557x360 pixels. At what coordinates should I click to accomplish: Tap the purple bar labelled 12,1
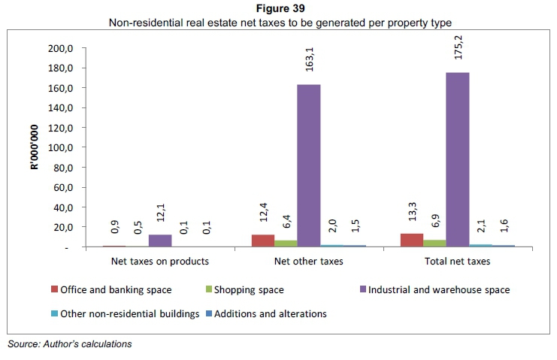tap(159, 241)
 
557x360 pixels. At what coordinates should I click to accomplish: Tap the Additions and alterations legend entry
tap(268, 313)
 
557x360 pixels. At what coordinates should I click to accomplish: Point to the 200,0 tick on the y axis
tap(60, 48)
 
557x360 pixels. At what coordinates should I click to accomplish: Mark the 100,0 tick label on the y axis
tap(60, 147)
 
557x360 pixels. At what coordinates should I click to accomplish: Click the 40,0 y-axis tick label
tap(62, 207)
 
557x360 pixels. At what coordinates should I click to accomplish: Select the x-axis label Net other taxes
tap(309, 262)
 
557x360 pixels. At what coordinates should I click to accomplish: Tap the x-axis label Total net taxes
tap(458, 262)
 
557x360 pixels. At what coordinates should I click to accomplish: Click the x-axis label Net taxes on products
tap(159, 262)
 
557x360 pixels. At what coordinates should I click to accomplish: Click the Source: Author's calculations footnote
tap(69, 344)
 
